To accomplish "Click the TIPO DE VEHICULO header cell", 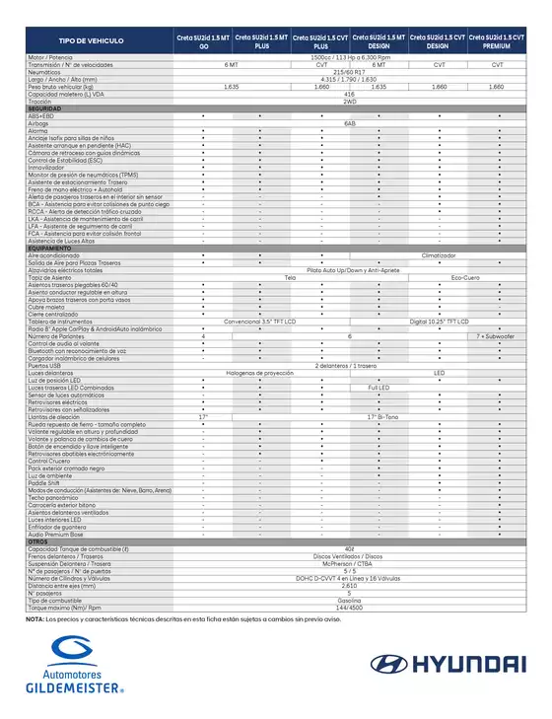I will point(91,41).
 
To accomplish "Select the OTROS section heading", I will point(38,541).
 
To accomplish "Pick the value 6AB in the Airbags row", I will point(350,122).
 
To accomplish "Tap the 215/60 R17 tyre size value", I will point(350,72).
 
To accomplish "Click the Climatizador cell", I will point(439,254).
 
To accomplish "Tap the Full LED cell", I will point(379,388).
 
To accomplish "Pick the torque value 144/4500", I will point(350,607).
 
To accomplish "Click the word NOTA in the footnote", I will point(34,618).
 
